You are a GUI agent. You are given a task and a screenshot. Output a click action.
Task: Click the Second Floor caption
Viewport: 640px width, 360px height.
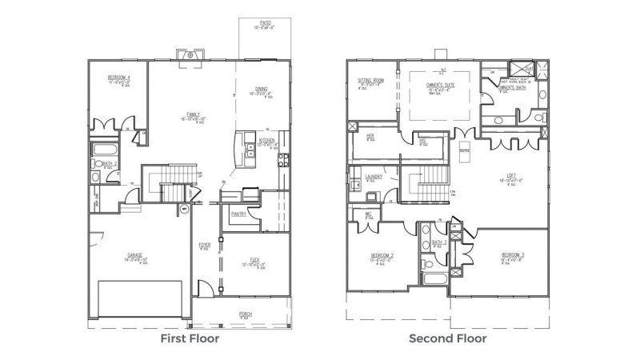(x=447, y=338)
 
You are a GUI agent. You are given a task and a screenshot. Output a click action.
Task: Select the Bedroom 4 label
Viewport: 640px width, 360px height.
(x=119, y=78)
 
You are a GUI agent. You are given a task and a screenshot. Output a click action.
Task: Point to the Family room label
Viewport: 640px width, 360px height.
(x=193, y=115)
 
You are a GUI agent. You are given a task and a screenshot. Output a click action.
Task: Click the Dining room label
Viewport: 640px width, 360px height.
(x=262, y=90)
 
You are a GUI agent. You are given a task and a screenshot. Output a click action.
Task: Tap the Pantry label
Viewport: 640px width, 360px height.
(x=238, y=214)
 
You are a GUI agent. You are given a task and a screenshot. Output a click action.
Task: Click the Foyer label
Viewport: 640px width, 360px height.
(x=205, y=244)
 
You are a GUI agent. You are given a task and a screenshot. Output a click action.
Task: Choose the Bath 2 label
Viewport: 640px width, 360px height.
(x=110, y=164)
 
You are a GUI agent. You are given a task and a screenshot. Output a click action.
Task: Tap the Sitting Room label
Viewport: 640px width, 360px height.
(x=372, y=82)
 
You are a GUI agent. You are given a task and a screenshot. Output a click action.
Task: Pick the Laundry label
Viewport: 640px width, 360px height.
(x=372, y=177)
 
